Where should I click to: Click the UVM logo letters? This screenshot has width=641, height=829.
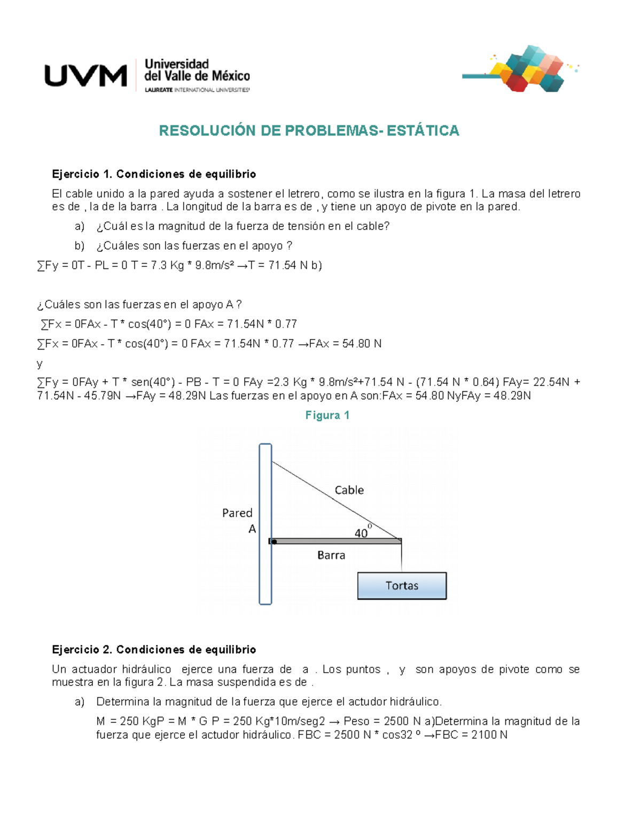pos(85,75)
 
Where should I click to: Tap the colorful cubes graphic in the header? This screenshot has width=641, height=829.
pos(526,69)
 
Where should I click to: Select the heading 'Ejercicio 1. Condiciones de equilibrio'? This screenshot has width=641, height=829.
pos(154,174)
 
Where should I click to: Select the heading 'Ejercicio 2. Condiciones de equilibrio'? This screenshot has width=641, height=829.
pos(154,650)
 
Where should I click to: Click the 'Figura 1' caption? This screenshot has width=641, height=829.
pos(327,415)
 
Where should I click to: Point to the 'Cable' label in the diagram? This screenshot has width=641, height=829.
pos(349,490)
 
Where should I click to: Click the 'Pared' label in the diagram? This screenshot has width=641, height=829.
pos(237,513)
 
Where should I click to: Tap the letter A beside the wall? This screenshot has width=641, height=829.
pos(252,529)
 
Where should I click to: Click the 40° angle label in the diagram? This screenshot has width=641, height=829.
pos(362,532)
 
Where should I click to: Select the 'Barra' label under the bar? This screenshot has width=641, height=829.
pos(331,555)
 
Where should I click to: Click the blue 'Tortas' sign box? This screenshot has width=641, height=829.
pos(402,586)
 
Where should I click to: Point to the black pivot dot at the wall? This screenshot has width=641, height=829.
pos(274,542)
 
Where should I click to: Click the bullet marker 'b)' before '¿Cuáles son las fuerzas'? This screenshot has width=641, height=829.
pos(80,246)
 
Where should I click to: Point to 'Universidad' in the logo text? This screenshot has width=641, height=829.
pos(177,65)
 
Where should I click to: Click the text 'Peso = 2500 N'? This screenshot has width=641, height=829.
pos(383,721)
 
